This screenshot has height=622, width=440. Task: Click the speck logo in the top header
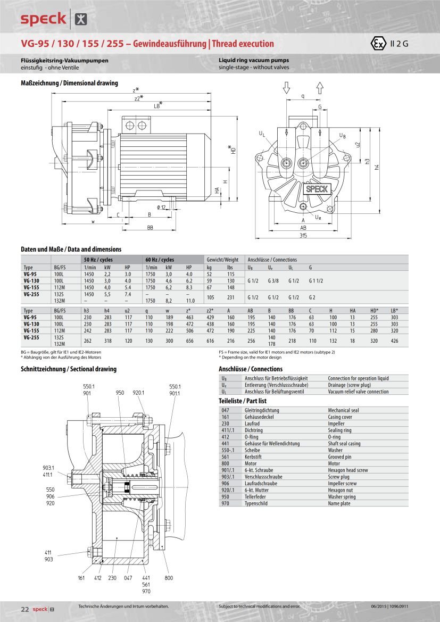(44, 19)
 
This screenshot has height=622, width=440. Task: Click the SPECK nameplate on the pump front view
(317, 188)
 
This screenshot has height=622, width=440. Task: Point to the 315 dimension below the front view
(303, 235)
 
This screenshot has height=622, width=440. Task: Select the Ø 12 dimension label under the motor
(161, 207)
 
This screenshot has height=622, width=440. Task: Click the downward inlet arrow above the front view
(286, 88)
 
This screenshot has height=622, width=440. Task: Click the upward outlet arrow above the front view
(320, 88)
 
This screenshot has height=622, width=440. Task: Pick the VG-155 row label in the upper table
(31, 286)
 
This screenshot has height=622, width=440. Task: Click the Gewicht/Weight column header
(222, 260)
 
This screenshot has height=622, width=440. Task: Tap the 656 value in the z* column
(189, 341)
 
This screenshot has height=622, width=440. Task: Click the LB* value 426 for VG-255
(394, 341)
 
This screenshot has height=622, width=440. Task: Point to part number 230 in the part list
(226, 424)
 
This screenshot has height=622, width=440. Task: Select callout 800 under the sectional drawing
(169, 577)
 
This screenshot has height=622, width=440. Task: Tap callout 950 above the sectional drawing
(120, 393)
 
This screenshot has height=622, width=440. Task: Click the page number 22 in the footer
(24, 609)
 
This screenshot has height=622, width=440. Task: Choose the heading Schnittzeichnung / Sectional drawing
(69, 369)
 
